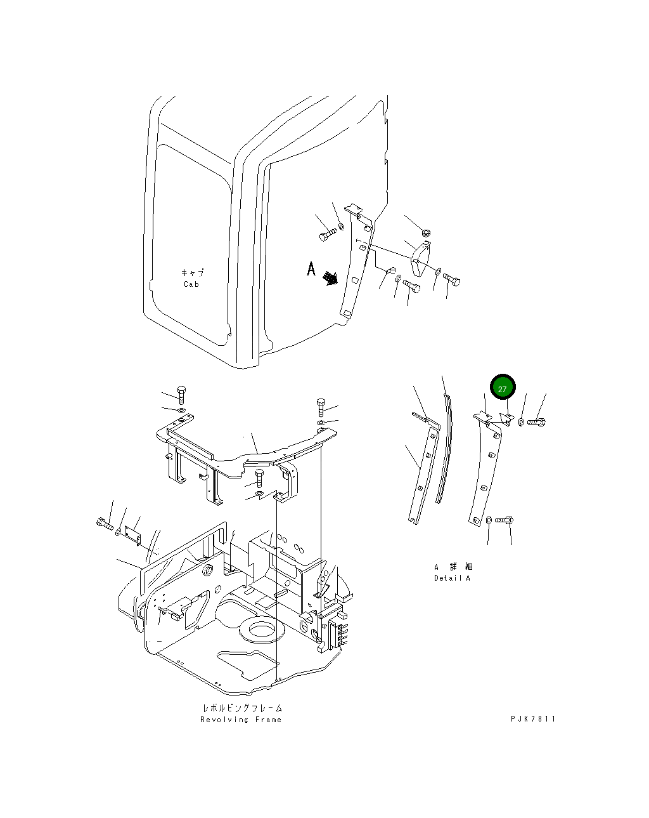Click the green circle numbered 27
click(503, 388)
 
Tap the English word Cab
click(191, 284)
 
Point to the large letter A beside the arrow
click(311, 269)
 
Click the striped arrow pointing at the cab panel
click(330, 278)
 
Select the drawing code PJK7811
click(533, 719)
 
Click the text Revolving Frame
click(241, 720)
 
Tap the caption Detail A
click(452, 578)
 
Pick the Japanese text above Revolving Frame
click(242, 708)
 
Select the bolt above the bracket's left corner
click(181, 395)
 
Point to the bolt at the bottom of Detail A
click(504, 520)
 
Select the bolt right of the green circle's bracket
click(536, 421)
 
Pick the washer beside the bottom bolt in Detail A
click(489, 520)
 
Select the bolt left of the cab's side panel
click(326, 235)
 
